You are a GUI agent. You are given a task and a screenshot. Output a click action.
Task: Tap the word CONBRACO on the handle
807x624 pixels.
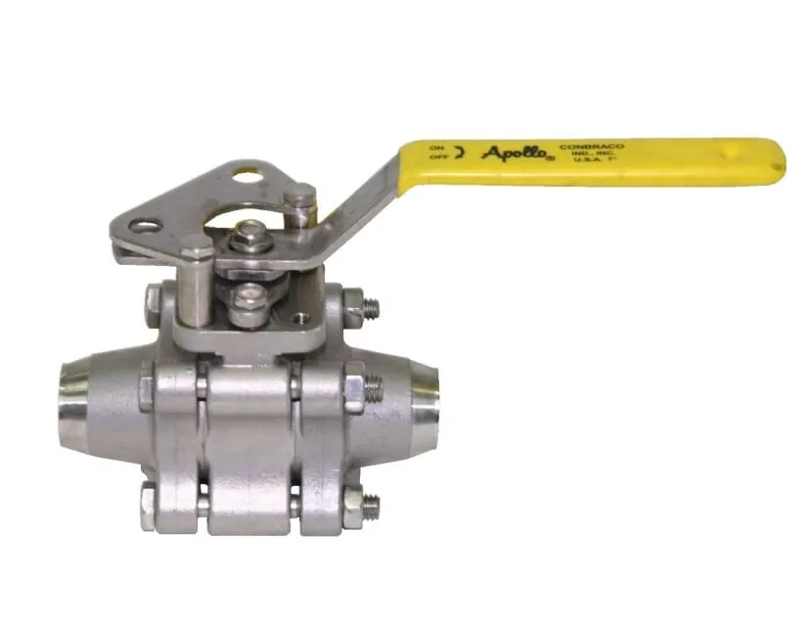tap(591, 147)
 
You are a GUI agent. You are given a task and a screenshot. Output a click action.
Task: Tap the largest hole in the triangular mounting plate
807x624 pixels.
tap(245, 180)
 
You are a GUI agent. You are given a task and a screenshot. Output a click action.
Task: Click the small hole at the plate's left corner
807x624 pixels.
tap(148, 227)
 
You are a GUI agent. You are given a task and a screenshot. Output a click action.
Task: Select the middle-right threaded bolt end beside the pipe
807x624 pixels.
tap(374, 390)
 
